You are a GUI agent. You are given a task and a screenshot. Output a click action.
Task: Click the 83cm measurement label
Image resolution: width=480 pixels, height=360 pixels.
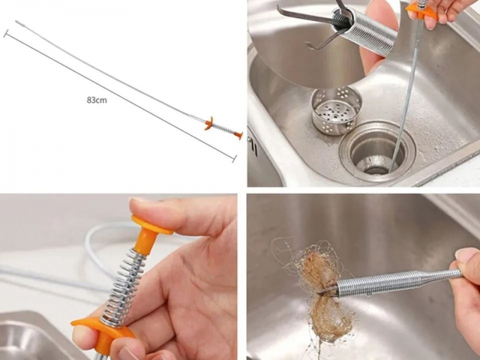[x=97, y=100]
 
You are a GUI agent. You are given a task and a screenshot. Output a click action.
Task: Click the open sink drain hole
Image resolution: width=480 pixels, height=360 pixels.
[x=377, y=152]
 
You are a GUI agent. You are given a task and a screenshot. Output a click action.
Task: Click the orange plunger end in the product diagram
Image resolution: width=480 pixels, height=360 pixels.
[x=238, y=134]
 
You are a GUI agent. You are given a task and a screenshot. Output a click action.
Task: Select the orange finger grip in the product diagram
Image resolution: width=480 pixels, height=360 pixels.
[x=209, y=123]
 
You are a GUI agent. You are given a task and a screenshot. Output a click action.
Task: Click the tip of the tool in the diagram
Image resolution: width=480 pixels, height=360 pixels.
[x=16, y=21]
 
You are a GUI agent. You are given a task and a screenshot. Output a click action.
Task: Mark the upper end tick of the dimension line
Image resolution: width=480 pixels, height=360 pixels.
[x=5, y=34]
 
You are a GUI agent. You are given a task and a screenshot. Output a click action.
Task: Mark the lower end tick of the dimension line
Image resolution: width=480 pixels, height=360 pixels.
[x=235, y=158]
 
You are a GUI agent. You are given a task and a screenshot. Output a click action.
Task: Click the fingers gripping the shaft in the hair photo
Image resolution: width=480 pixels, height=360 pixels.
[x=467, y=275]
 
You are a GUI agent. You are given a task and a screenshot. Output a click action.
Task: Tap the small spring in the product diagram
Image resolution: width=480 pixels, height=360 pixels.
[x=223, y=129]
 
